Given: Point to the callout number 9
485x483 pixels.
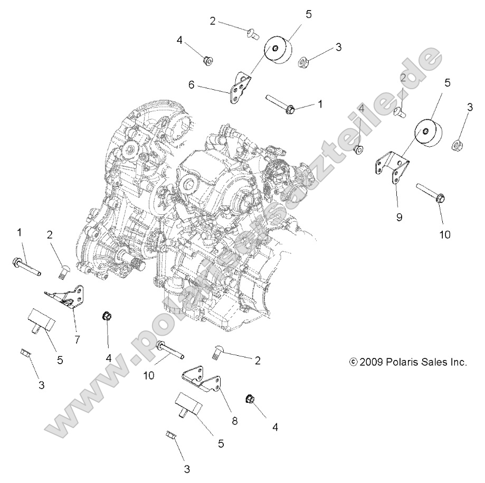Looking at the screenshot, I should point(399,217).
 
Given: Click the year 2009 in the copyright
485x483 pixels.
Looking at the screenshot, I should point(369,362).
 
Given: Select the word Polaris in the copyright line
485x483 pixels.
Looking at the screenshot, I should point(401,362).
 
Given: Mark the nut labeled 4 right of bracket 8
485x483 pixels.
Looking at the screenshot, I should point(250,400).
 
